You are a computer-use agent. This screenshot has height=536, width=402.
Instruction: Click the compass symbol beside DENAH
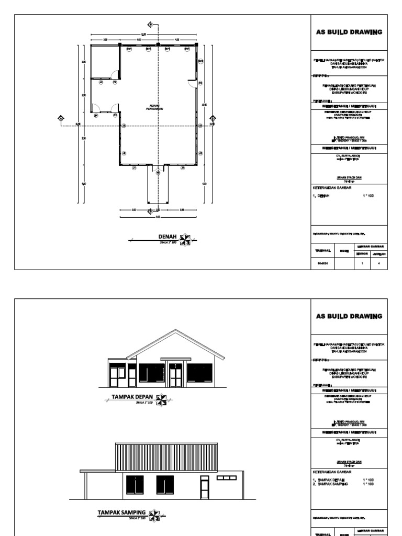point(184,239)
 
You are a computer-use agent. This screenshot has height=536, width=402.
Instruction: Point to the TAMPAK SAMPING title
point(122,512)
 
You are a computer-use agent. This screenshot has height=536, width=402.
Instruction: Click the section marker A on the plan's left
point(61,119)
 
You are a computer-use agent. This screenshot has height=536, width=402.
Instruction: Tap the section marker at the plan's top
point(150,25)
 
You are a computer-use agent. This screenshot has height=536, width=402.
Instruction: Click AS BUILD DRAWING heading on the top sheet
point(349,32)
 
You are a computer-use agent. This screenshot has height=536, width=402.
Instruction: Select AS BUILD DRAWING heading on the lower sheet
point(349,316)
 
